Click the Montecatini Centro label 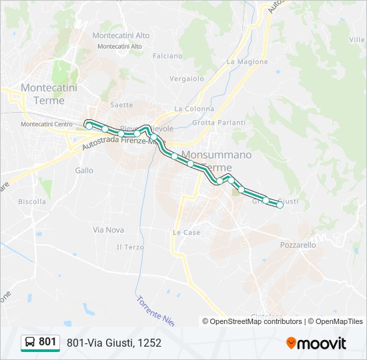pos(47,124)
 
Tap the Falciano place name pos(167,57)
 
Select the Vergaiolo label pos(187,78)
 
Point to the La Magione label pos(247,62)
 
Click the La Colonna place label pos(194,109)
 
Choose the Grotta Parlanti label pos(219,123)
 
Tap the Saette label pos(121,105)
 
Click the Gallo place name pos(84,170)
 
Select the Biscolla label pos(32,201)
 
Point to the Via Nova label pos(108,229)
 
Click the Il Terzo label pos(130,247)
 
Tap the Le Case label pos(187,233)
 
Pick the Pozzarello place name pos(298,245)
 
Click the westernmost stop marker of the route pos(89,125)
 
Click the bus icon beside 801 pos(30,343)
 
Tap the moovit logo pos(316,343)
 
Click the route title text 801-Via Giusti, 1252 pos(113,343)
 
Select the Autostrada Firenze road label pos(117,143)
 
